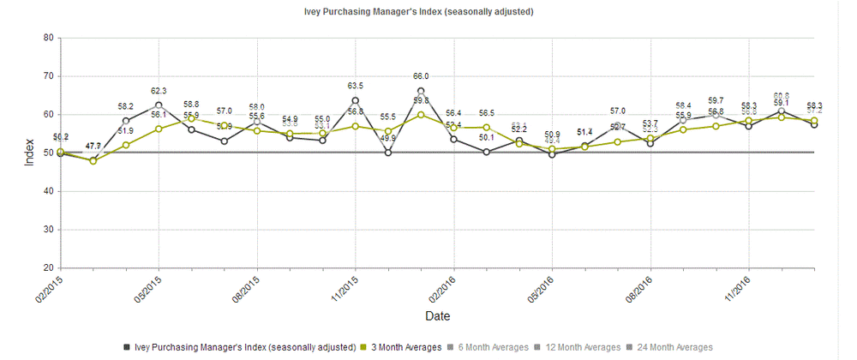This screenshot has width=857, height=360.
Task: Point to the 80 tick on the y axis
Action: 49,38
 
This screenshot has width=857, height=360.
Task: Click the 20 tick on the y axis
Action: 49,268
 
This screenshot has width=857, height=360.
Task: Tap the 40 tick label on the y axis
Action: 49,191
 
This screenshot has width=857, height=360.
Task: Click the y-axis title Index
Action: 29,153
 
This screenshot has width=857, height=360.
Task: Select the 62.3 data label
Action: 159,90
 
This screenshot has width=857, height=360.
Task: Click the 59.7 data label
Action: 716,100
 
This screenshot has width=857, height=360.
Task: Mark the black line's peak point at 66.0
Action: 421,91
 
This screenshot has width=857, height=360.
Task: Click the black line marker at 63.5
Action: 355,100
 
